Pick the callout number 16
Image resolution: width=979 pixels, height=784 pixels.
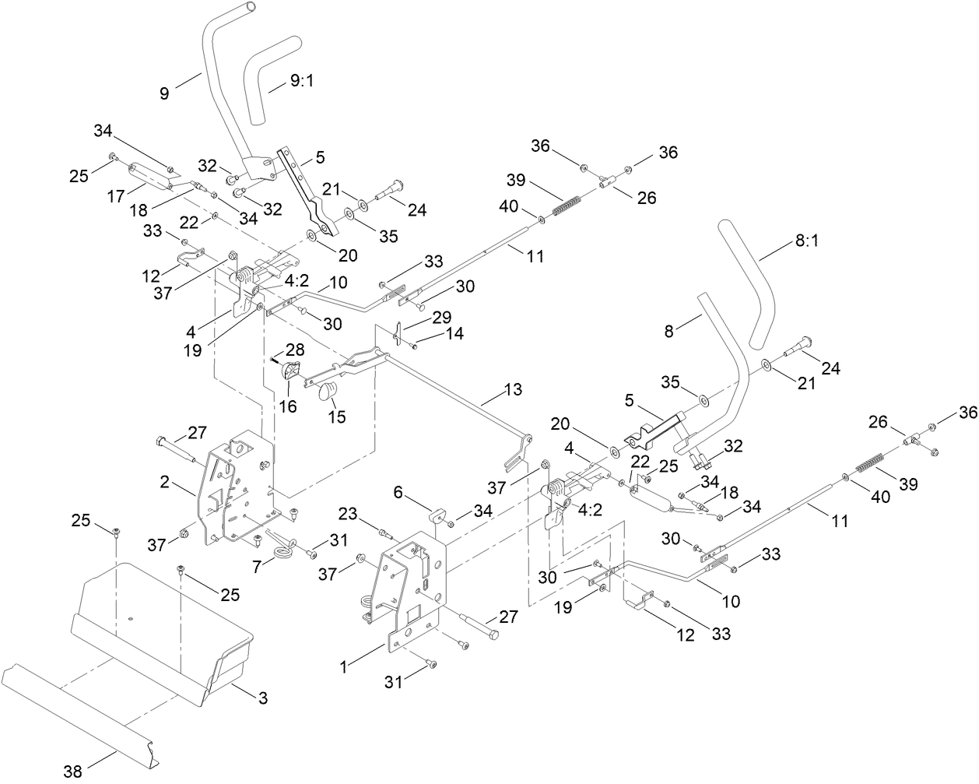288,406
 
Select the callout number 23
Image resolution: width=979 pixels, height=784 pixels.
349,514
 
